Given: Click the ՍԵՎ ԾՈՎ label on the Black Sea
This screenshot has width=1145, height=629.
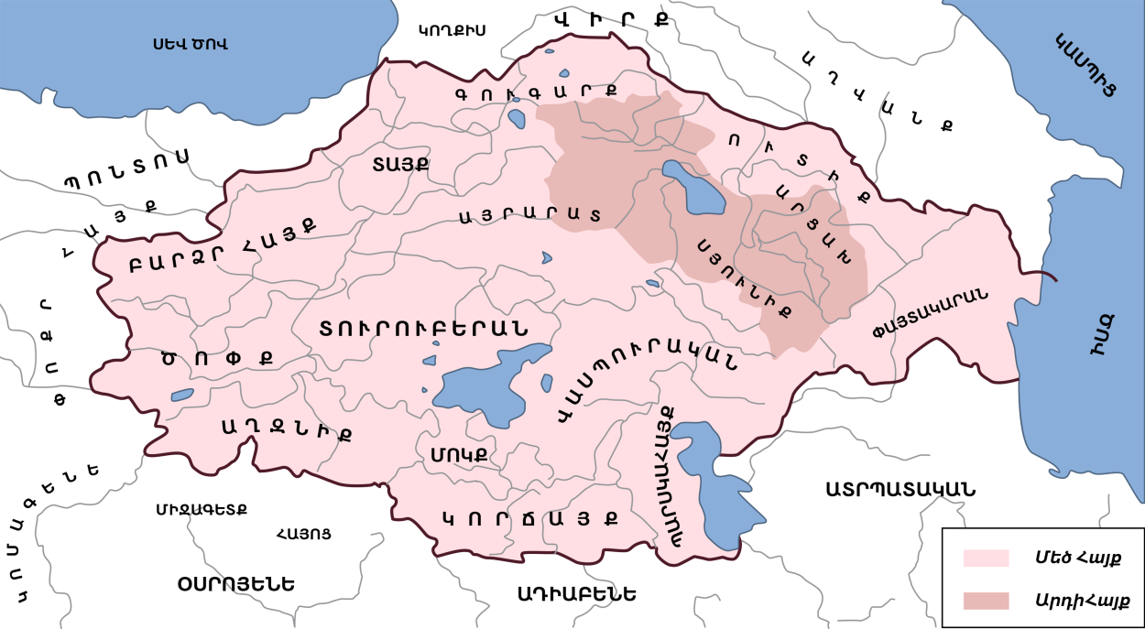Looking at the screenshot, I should click(190, 43).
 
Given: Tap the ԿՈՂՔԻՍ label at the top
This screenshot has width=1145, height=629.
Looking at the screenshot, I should click(451, 30).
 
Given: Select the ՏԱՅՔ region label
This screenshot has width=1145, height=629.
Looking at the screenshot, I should click(400, 165).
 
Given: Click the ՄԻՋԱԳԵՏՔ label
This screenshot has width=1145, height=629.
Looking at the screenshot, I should click(201, 508).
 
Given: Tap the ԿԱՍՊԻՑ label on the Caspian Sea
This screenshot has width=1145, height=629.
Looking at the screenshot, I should click(1086, 66).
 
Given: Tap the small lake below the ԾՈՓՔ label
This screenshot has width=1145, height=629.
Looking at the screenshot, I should click(182, 396).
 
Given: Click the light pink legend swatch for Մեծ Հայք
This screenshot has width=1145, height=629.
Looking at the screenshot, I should click(985, 558).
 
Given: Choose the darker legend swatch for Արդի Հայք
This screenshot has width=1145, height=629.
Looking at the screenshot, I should click(985, 601).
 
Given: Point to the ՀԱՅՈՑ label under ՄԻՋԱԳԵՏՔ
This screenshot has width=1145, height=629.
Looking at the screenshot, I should click(302, 532).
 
